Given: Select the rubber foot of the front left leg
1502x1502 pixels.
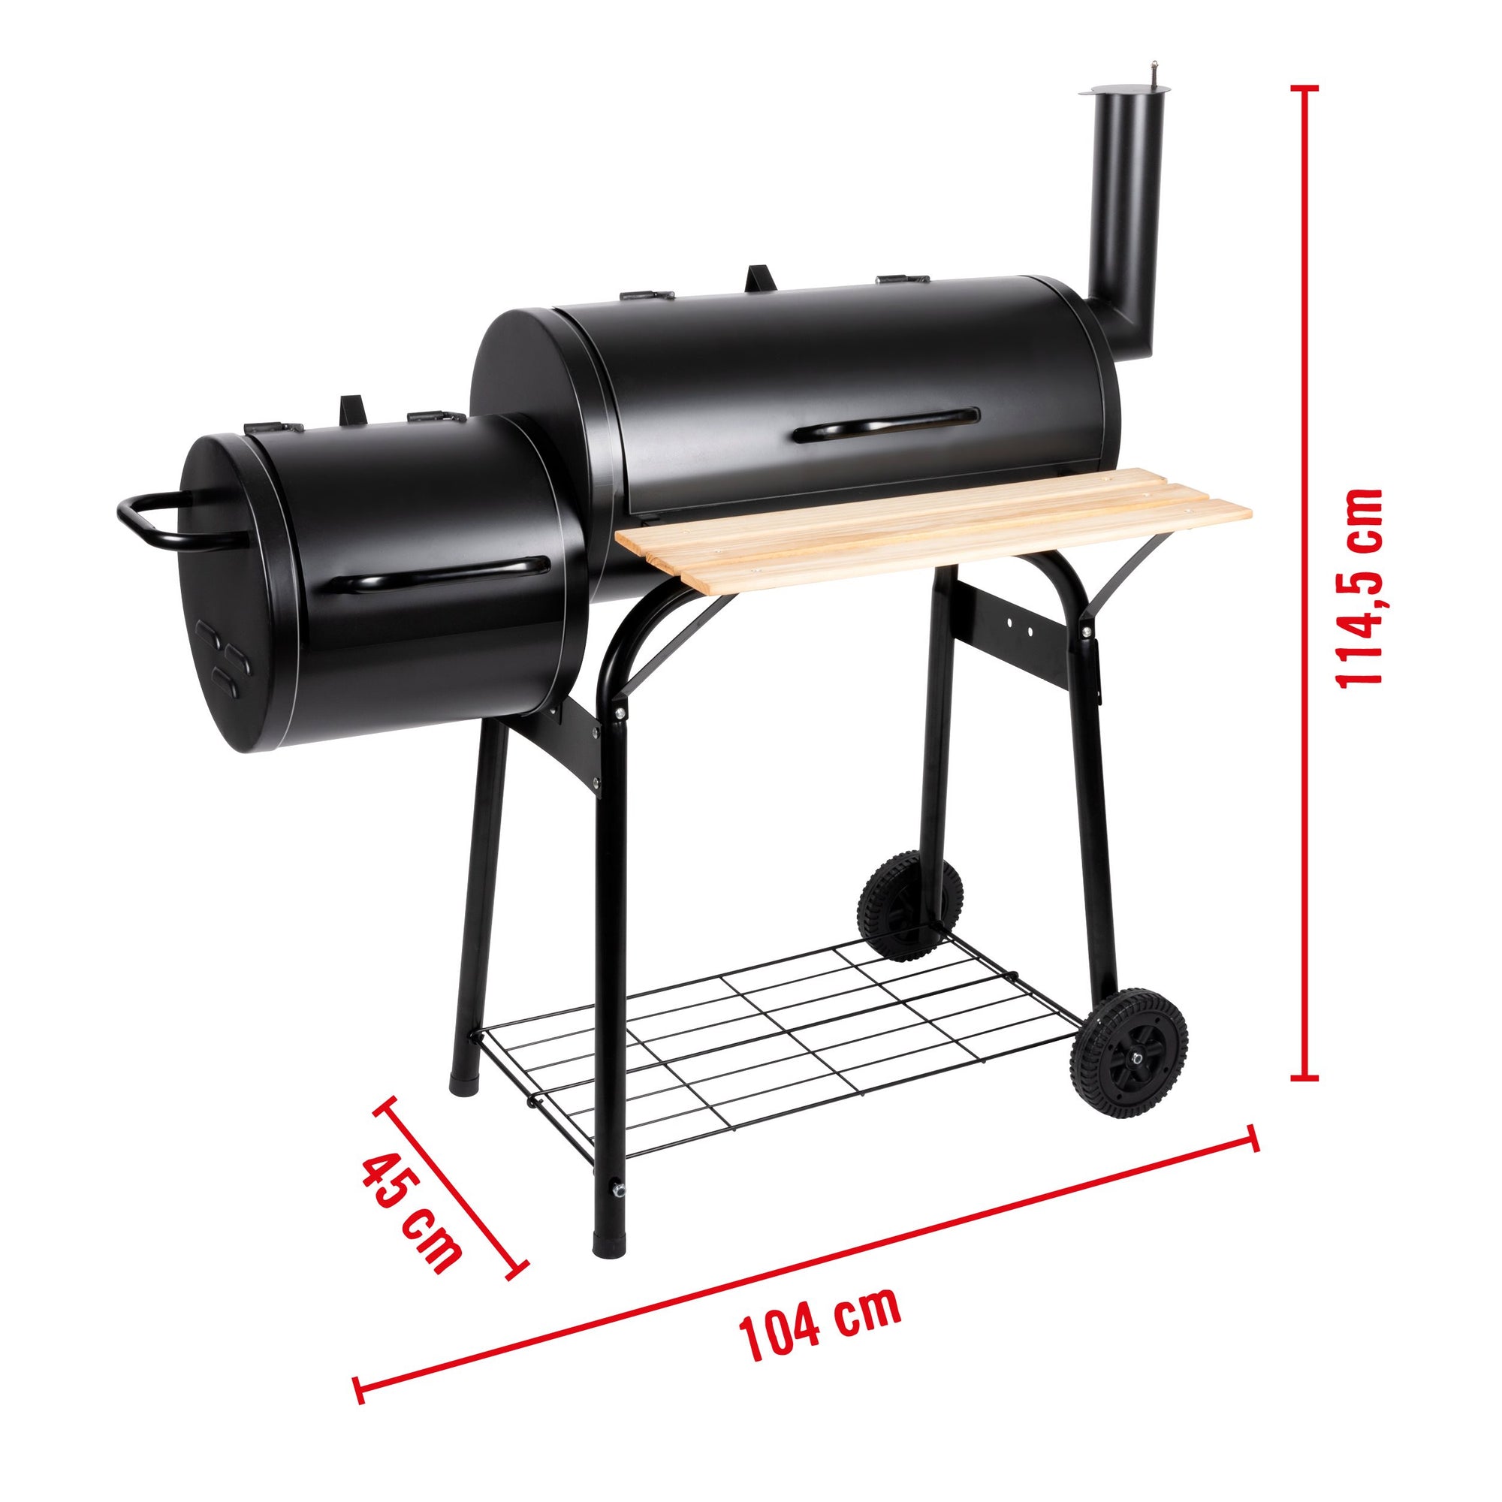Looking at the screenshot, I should pyautogui.click(x=609, y=1223).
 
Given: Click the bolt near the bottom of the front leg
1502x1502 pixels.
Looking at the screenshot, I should pyautogui.click(x=618, y=1189).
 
